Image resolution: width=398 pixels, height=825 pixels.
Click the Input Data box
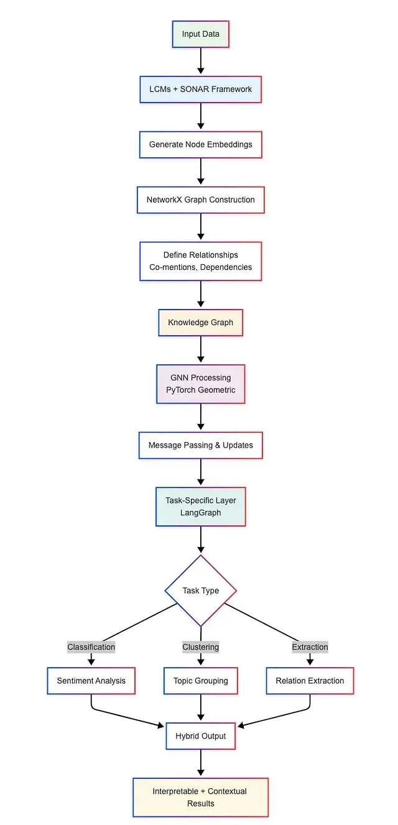pos(200,34)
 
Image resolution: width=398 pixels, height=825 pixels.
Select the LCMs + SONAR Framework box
pos(200,90)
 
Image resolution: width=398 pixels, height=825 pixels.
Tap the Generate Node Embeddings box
pos(200,145)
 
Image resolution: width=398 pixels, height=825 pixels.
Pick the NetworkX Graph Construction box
pos(200,200)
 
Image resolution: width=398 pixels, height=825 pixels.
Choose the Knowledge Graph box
pos(200,323)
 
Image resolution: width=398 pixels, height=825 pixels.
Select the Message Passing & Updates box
pos(200,445)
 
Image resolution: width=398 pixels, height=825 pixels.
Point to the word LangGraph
pos(200,513)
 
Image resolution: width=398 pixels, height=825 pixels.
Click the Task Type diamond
pos(200,591)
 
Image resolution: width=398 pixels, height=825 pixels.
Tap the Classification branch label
pos(91,647)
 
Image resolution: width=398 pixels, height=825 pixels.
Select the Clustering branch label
pos(200,647)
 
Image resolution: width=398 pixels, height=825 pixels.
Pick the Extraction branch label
pos(310,647)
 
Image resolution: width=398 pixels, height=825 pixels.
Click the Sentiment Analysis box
pos(91,681)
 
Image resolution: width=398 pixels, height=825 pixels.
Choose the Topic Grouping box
pos(200,681)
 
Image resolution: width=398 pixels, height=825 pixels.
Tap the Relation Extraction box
pos(310,681)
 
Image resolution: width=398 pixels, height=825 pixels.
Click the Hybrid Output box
pos(200,736)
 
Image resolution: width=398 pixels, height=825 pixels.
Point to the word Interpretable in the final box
pos(175,791)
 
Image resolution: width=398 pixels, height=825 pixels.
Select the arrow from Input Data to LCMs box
pos(200,61)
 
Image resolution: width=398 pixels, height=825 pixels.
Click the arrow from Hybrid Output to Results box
pos(200,763)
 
